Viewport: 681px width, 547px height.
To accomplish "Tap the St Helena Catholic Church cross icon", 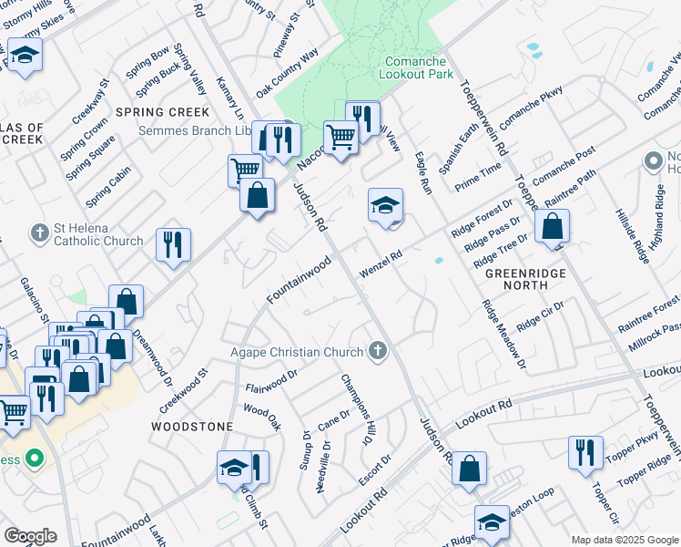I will pos(39,233).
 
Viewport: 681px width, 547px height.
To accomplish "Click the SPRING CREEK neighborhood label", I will pos(163,112).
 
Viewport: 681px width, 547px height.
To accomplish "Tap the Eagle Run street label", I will pos(422,171).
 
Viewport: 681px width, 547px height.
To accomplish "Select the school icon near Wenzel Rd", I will pos(385,205).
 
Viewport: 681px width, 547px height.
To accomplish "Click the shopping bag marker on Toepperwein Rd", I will pos(552,226).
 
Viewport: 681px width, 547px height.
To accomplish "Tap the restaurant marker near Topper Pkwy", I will pos(585,452).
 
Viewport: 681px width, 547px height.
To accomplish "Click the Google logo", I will pos(30,536).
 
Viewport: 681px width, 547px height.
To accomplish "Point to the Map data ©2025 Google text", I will pos(623,540).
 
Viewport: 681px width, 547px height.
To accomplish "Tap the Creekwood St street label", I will pos(184,385).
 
